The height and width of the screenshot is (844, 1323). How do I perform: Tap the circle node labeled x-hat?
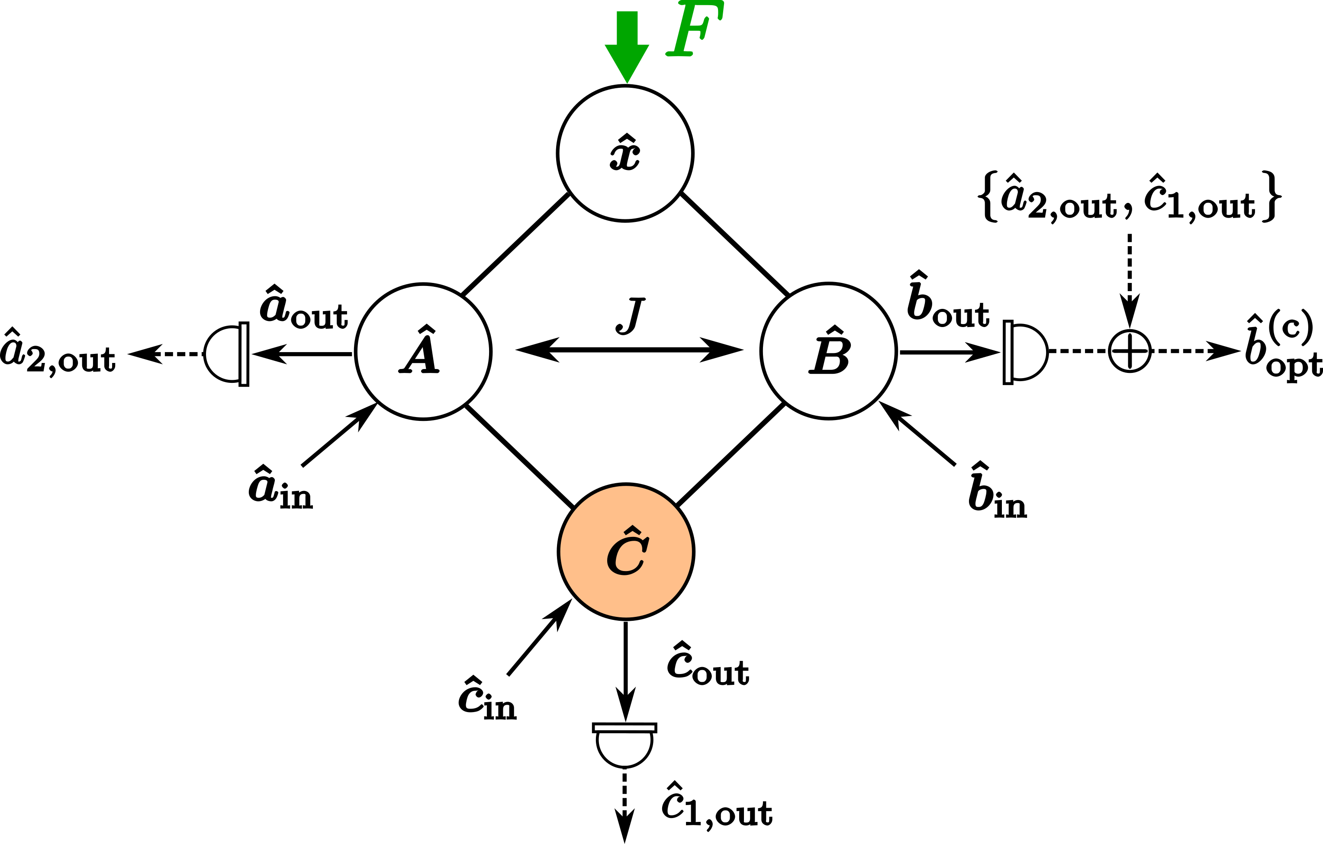click(625, 153)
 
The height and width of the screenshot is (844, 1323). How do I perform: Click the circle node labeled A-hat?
click(423, 351)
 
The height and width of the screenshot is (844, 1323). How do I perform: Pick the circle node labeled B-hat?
click(828, 351)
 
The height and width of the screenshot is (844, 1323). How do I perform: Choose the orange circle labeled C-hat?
click(626, 552)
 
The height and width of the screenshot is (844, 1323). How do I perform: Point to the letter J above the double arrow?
click(630, 315)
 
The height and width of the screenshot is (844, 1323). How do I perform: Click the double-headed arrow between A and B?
click(629, 349)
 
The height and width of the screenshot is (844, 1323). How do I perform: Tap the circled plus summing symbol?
click(1130, 351)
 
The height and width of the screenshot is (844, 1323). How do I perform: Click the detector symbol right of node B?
click(1025, 352)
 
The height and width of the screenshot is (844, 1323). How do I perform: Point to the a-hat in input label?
click(280, 489)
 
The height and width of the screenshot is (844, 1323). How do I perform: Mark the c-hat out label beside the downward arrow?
click(708, 664)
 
